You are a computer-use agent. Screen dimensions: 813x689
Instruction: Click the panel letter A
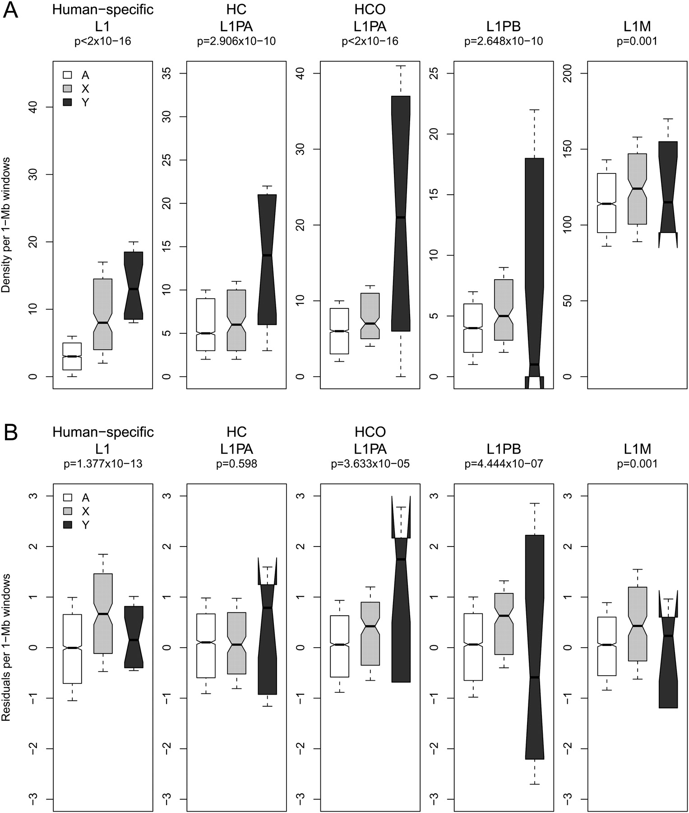click(x=10, y=10)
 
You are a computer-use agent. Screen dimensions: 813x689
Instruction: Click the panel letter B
click(x=10, y=432)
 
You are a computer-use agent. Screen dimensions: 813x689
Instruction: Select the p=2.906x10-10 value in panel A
click(x=236, y=42)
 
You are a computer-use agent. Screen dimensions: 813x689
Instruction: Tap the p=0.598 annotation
click(x=236, y=464)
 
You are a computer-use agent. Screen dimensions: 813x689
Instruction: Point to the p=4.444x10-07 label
click(x=504, y=464)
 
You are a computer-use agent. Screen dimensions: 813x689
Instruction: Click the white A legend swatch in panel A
click(x=68, y=75)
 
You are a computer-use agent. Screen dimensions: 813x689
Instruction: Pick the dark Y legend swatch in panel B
click(x=68, y=525)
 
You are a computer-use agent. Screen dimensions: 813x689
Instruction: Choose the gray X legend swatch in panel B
click(x=68, y=511)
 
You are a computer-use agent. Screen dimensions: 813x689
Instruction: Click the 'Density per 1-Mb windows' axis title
click(x=6, y=225)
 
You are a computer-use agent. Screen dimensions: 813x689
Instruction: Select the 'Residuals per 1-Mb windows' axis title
click(x=6, y=647)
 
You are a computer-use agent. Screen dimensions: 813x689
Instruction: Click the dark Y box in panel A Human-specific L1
click(x=134, y=285)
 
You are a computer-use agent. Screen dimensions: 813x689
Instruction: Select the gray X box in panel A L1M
click(x=637, y=189)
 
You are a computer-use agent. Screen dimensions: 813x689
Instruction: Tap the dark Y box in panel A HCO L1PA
click(x=401, y=213)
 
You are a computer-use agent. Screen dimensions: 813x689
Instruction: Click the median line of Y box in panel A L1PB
click(x=534, y=364)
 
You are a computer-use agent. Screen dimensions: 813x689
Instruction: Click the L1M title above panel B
click(x=637, y=449)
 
